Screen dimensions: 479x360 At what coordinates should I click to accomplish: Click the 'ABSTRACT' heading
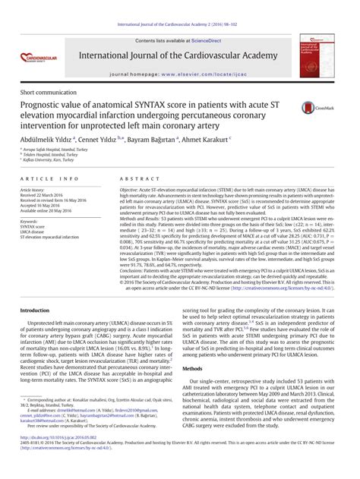pos(135,178)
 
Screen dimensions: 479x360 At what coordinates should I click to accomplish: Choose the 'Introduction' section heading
pos(39,311)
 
